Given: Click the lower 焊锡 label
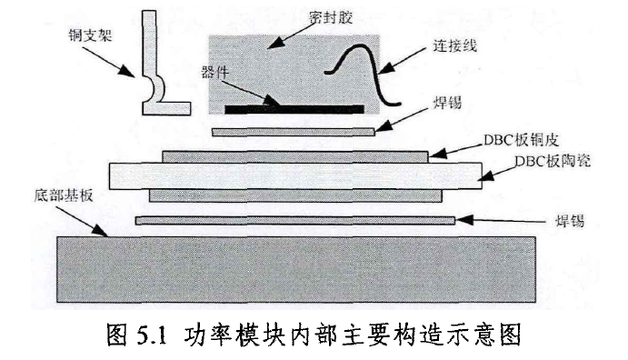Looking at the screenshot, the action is [x=569, y=220].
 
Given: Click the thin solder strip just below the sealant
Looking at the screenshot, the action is [x=292, y=132].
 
